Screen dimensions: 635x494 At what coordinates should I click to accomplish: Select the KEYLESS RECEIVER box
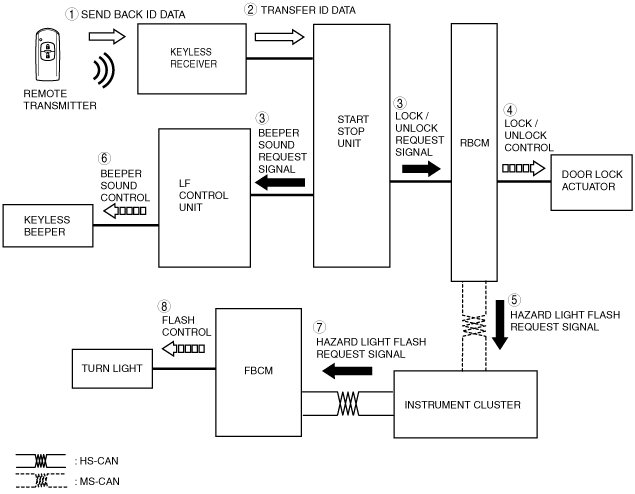(192, 59)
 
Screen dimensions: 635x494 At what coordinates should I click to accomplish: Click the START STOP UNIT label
(353, 131)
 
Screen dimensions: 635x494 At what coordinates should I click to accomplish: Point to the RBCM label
(474, 143)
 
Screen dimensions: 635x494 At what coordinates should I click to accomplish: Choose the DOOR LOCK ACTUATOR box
(591, 182)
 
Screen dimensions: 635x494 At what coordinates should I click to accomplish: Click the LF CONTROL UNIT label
(203, 195)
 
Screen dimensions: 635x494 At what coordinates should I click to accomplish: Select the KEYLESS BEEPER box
(48, 226)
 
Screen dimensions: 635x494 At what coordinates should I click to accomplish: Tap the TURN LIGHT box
(112, 368)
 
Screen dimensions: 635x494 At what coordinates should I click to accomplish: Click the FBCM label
(258, 370)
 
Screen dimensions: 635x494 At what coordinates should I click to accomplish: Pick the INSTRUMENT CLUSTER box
(465, 404)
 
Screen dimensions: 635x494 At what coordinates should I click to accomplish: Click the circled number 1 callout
(71, 15)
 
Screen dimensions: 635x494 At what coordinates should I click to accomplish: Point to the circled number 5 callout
(514, 300)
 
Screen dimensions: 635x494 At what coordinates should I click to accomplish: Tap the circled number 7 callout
(320, 327)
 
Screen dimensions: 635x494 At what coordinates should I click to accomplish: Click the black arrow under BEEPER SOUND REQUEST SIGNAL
(280, 183)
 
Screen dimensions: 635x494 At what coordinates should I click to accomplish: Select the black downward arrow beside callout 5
(500, 325)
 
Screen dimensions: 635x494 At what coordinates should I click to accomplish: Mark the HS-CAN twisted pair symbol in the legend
(40, 461)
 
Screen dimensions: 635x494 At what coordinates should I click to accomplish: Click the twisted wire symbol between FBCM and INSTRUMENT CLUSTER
(348, 403)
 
